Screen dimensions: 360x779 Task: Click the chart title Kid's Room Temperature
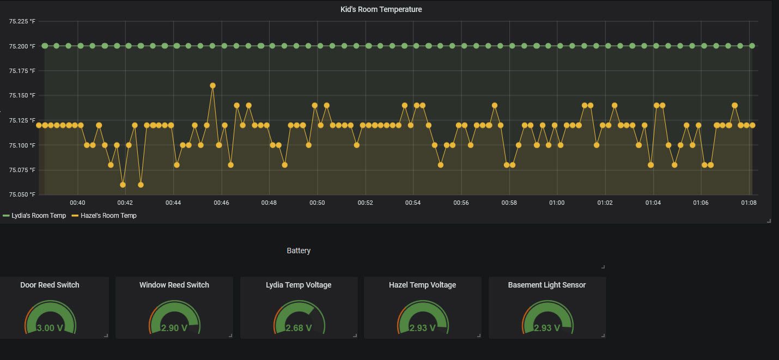pos(381,9)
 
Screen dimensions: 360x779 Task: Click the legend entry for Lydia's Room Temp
pos(38,216)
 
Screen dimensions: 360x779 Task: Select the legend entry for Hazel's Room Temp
pos(108,216)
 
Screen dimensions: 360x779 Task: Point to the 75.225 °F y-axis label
pos(22,21)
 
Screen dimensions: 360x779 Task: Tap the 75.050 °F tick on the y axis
pos(22,194)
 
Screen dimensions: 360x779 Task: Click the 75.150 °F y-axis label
pos(22,95)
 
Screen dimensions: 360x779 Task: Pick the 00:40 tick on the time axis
pos(77,203)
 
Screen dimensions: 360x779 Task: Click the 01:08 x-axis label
pos(749,203)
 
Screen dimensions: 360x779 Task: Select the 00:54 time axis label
pos(413,203)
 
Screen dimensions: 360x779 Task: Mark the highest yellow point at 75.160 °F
pos(212,86)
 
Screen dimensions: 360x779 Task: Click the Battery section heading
pos(299,251)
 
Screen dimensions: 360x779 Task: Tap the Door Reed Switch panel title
pos(50,285)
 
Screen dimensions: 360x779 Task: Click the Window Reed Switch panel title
pos(174,285)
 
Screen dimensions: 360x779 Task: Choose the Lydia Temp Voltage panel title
pos(299,285)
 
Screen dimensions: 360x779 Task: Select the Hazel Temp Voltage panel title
pos(422,285)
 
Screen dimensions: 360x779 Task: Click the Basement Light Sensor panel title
pos(547,285)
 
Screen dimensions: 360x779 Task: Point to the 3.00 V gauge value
pos(50,328)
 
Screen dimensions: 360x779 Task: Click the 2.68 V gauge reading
pos(299,328)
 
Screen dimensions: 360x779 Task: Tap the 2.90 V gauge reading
pos(174,328)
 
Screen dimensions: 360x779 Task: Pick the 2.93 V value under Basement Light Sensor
pos(547,328)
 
